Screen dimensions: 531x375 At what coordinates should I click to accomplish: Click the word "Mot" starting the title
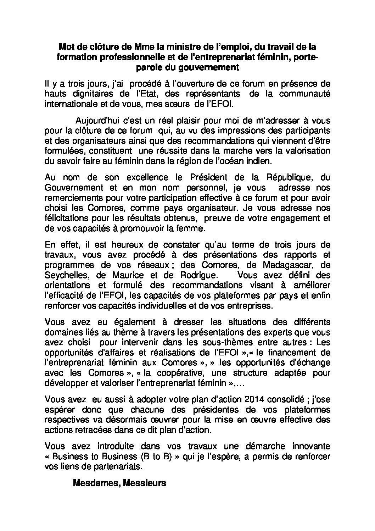66,47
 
